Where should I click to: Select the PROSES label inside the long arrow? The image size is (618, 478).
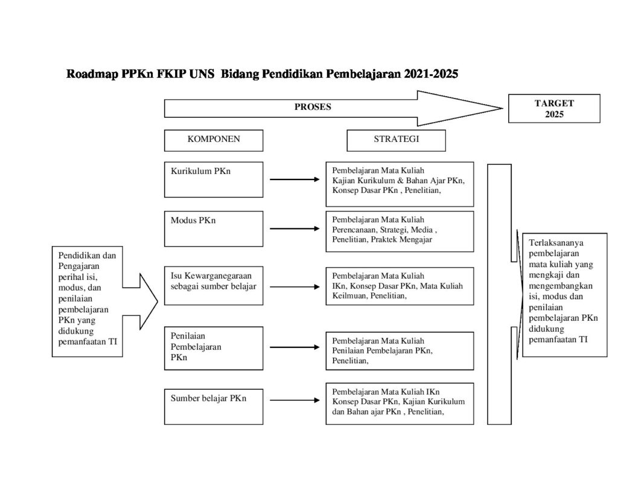[x=313, y=107]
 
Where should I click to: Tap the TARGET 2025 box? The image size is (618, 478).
[x=553, y=108]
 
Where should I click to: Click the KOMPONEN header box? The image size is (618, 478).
[x=213, y=140]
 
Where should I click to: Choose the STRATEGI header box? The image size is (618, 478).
[x=396, y=140]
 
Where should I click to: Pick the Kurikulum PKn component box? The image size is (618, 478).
[x=213, y=179]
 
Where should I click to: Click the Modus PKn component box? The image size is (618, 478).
[x=213, y=228]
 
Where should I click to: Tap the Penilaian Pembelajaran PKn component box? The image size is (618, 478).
[x=213, y=348]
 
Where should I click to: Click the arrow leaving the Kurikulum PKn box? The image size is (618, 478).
[x=294, y=179]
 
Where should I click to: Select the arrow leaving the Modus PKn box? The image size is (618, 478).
[x=294, y=228]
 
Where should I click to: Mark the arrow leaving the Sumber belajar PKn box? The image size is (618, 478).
[x=294, y=400]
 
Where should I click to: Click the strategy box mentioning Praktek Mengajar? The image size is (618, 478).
[x=400, y=230]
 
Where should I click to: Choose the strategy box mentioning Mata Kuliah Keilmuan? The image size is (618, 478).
[x=400, y=286]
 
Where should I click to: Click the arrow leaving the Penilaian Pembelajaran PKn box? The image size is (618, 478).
[x=294, y=347]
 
